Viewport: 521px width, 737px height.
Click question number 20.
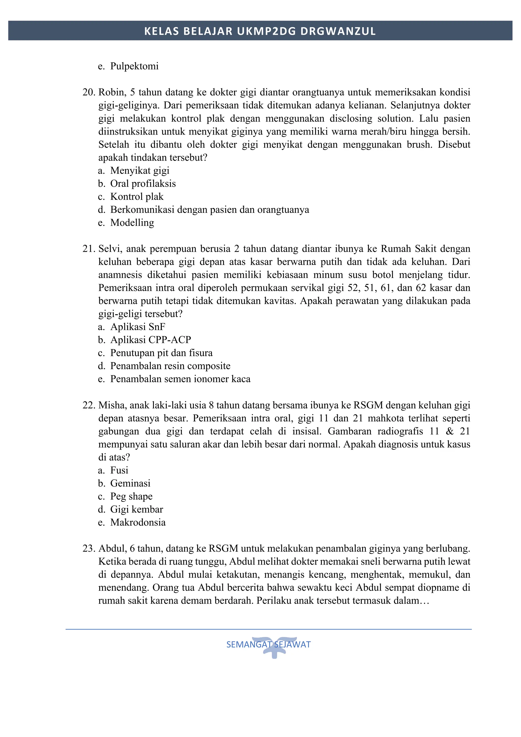coord(89,93)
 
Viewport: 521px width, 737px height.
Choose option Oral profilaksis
coord(143,184)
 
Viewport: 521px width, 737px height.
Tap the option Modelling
coord(132,223)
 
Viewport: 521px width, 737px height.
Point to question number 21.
coord(89,249)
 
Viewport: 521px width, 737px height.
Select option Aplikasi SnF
coord(137,327)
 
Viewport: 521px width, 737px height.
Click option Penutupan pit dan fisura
coord(161,353)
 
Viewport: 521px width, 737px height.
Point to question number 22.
coord(89,405)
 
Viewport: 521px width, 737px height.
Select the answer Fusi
coord(119,470)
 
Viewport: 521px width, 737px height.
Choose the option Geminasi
coord(130,483)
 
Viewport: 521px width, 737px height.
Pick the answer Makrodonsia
coord(138,522)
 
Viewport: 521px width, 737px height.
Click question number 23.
coord(89,549)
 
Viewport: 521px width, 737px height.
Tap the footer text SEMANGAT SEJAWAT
coord(268,644)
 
